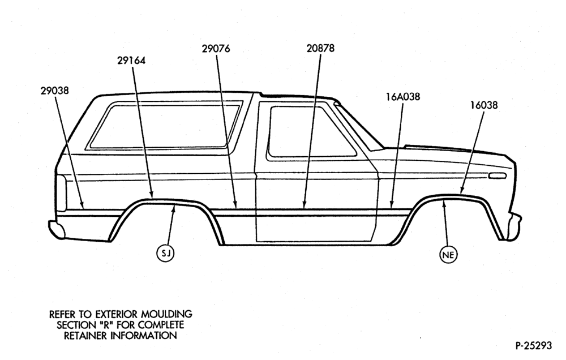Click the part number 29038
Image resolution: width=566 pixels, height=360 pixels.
54,90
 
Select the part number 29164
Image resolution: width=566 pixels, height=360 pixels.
131,61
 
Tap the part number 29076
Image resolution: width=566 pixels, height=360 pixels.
216,48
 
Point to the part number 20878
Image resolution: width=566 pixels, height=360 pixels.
320,48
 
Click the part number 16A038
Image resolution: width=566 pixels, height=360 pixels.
403,97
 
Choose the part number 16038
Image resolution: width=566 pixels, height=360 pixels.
484,105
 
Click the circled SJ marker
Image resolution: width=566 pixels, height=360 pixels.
165,254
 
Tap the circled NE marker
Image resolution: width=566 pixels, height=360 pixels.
448,255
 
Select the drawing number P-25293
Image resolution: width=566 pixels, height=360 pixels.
534,346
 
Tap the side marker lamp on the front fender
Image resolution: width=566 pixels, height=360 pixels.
497,176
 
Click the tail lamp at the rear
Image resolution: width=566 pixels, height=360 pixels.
61,192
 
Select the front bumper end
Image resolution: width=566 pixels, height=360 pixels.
514,227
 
